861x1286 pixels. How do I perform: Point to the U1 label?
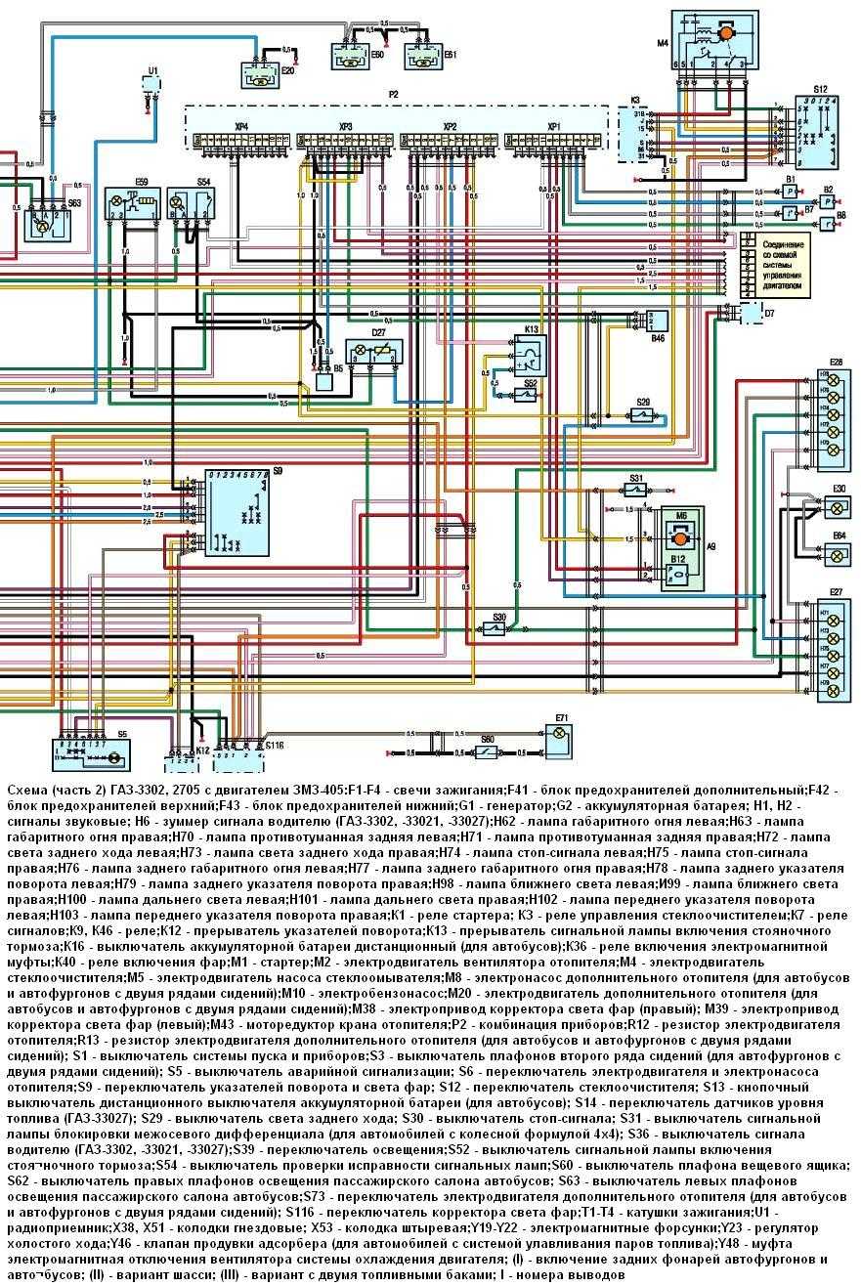click(x=151, y=69)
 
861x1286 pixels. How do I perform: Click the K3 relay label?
click(x=634, y=101)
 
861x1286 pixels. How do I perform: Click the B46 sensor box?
click(x=658, y=321)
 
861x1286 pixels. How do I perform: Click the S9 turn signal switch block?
click(x=238, y=512)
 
